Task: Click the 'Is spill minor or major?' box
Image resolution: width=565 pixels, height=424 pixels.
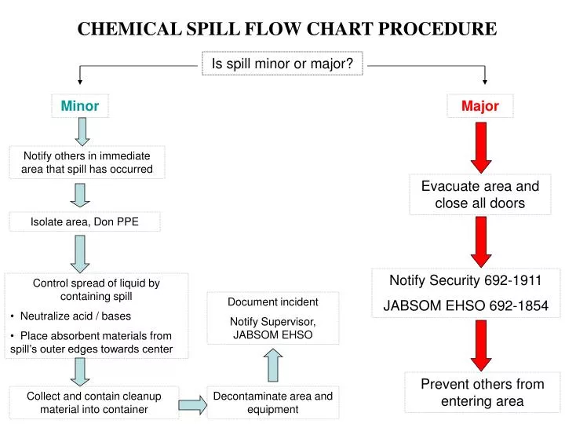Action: pos(282,64)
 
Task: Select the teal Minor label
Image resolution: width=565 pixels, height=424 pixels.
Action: pos(79,106)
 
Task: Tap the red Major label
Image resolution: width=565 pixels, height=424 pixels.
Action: pos(480,106)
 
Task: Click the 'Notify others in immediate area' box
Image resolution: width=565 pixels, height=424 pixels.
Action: pos(87,163)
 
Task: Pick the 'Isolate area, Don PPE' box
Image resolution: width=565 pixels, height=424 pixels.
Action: pos(84,221)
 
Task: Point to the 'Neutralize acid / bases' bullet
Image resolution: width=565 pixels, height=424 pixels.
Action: pos(71,316)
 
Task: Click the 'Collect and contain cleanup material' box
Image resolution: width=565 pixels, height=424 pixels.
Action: pos(93,402)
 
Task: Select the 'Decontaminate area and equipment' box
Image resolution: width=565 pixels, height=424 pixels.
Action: pos(273,402)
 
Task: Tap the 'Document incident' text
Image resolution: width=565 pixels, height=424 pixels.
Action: pos(273,302)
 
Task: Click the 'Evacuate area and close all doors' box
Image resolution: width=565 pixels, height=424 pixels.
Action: pos(480,195)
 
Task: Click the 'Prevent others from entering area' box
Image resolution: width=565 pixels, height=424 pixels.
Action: pos(482,393)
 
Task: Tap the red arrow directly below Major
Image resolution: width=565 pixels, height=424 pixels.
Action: pos(481,148)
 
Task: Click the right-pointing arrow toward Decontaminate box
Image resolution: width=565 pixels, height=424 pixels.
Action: pos(193,405)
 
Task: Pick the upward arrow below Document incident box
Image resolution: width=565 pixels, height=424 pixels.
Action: pos(273,365)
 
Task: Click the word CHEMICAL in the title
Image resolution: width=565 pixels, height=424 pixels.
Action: pos(129,29)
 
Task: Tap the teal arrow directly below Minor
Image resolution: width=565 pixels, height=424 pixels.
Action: pos(82,132)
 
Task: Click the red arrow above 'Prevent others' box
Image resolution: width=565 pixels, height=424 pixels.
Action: pos(481,345)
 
